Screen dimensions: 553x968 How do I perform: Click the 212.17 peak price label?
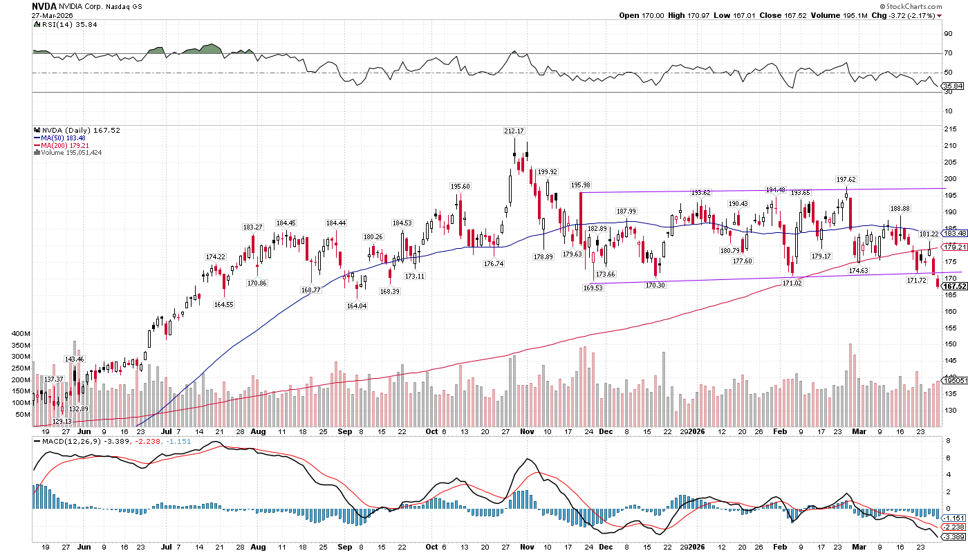pos(514,131)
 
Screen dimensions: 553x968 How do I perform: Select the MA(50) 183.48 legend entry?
pos(61,138)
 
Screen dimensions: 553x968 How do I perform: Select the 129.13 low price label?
pos(62,421)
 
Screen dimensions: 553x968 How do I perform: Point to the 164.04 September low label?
pos(357,306)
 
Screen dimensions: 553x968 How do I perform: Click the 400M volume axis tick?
pos(20,332)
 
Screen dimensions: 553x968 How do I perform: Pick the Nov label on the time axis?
pos(528,431)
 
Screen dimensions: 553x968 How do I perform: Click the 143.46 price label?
pos(74,359)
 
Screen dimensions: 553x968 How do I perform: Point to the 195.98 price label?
pos(581,185)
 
